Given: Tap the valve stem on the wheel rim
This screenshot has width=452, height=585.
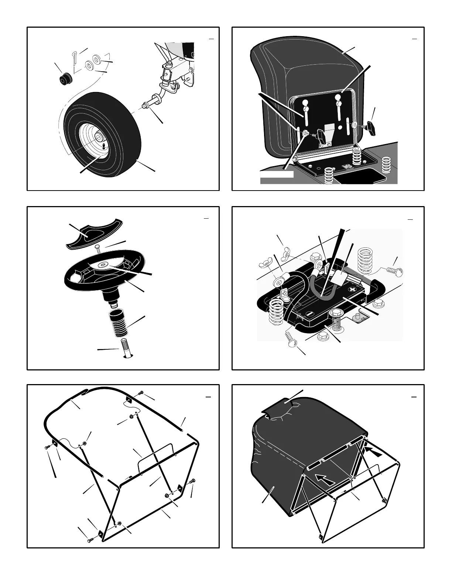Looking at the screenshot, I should coord(104,146).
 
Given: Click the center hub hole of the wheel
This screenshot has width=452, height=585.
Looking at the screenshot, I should coord(99,137).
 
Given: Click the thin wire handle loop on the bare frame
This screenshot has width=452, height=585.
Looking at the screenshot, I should coord(155,456).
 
